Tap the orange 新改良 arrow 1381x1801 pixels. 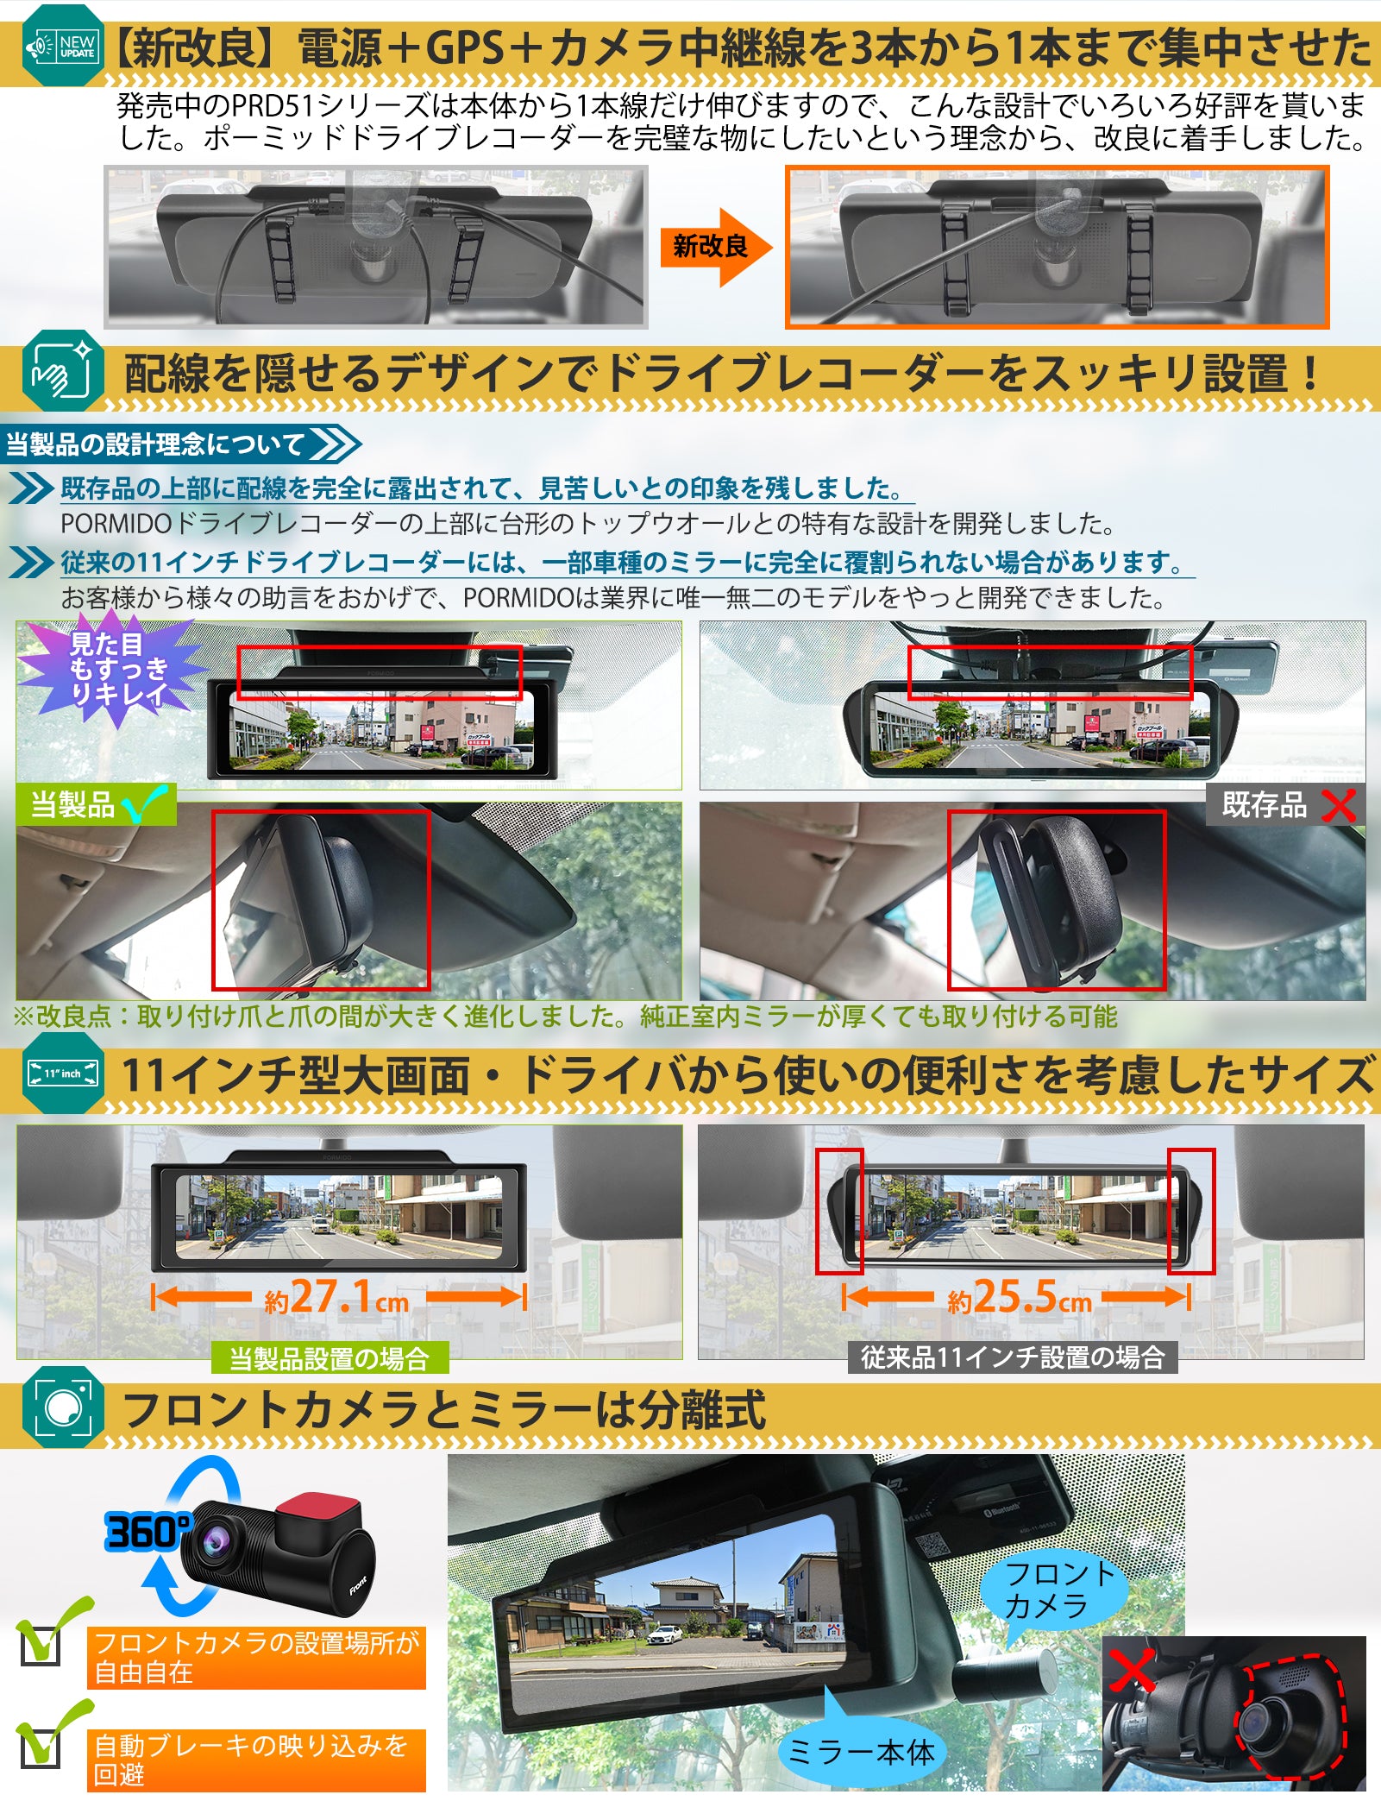pyautogui.click(x=714, y=248)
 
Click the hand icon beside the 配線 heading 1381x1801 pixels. pyautogui.click(x=62, y=372)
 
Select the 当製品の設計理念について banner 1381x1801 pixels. pyautogui.click(x=177, y=444)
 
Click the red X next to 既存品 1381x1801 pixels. pyautogui.click(x=1337, y=806)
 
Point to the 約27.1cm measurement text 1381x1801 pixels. pyautogui.click(x=338, y=1297)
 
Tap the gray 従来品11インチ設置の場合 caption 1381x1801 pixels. pyautogui.click(x=1013, y=1357)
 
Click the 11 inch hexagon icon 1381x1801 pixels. pyautogui.click(x=62, y=1074)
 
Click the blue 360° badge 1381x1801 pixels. pyautogui.click(x=147, y=1533)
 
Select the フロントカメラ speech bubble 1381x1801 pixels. pyautogui.click(x=1058, y=1590)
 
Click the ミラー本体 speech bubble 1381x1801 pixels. pyautogui.click(x=861, y=1752)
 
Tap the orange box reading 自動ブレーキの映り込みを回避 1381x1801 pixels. pyautogui.click(x=256, y=1760)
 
